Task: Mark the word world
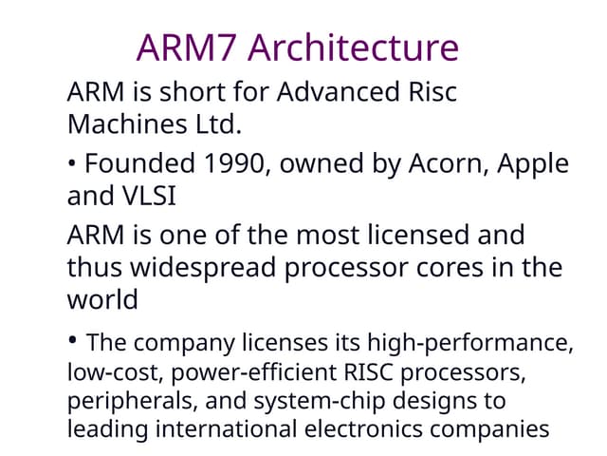tap(102, 299)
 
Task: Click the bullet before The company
tap(73, 339)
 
